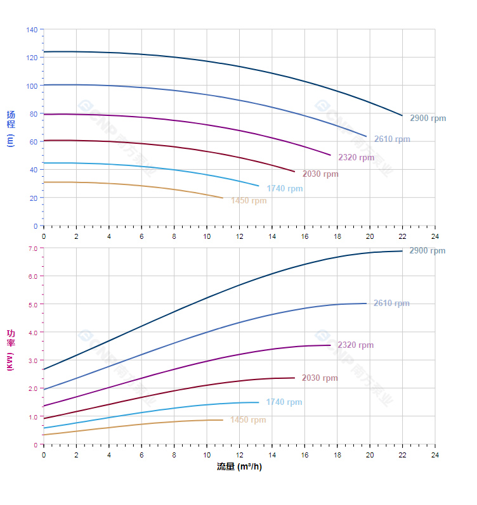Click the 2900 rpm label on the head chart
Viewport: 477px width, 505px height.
pyautogui.click(x=428, y=118)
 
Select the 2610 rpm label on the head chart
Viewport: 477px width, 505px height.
pyautogui.click(x=391, y=139)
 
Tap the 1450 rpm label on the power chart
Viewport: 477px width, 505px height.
pyautogui.click(x=248, y=419)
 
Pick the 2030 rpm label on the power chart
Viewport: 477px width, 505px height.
pyautogui.click(x=320, y=378)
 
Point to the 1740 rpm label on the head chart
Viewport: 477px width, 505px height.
pyautogui.click(x=284, y=189)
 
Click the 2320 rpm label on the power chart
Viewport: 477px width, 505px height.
pyautogui.click(x=355, y=345)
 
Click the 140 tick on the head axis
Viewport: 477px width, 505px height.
pyautogui.click(x=32, y=30)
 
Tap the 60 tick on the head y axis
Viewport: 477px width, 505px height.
pyautogui.click(x=34, y=142)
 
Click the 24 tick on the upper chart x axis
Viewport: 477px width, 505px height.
pyautogui.click(x=435, y=236)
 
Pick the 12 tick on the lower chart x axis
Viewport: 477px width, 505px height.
pyautogui.click(x=239, y=455)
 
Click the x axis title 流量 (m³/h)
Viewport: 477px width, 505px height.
pyautogui.click(x=239, y=467)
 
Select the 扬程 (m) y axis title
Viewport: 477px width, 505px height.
pyautogui.click(x=11, y=128)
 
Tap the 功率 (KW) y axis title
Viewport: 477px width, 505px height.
pyautogui.click(x=11, y=350)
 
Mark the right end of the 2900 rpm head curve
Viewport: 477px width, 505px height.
pyautogui.click(x=402, y=115)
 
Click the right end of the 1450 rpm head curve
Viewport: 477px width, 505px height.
pyautogui.click(x=223, y=198)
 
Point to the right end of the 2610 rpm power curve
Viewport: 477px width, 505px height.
pyautogui.click(x=366, y=303)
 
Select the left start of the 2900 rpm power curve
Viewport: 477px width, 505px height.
pyautogui.click(x=43, y=369)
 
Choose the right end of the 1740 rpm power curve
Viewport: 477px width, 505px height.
pyautogui.click(x=259, y=402)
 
